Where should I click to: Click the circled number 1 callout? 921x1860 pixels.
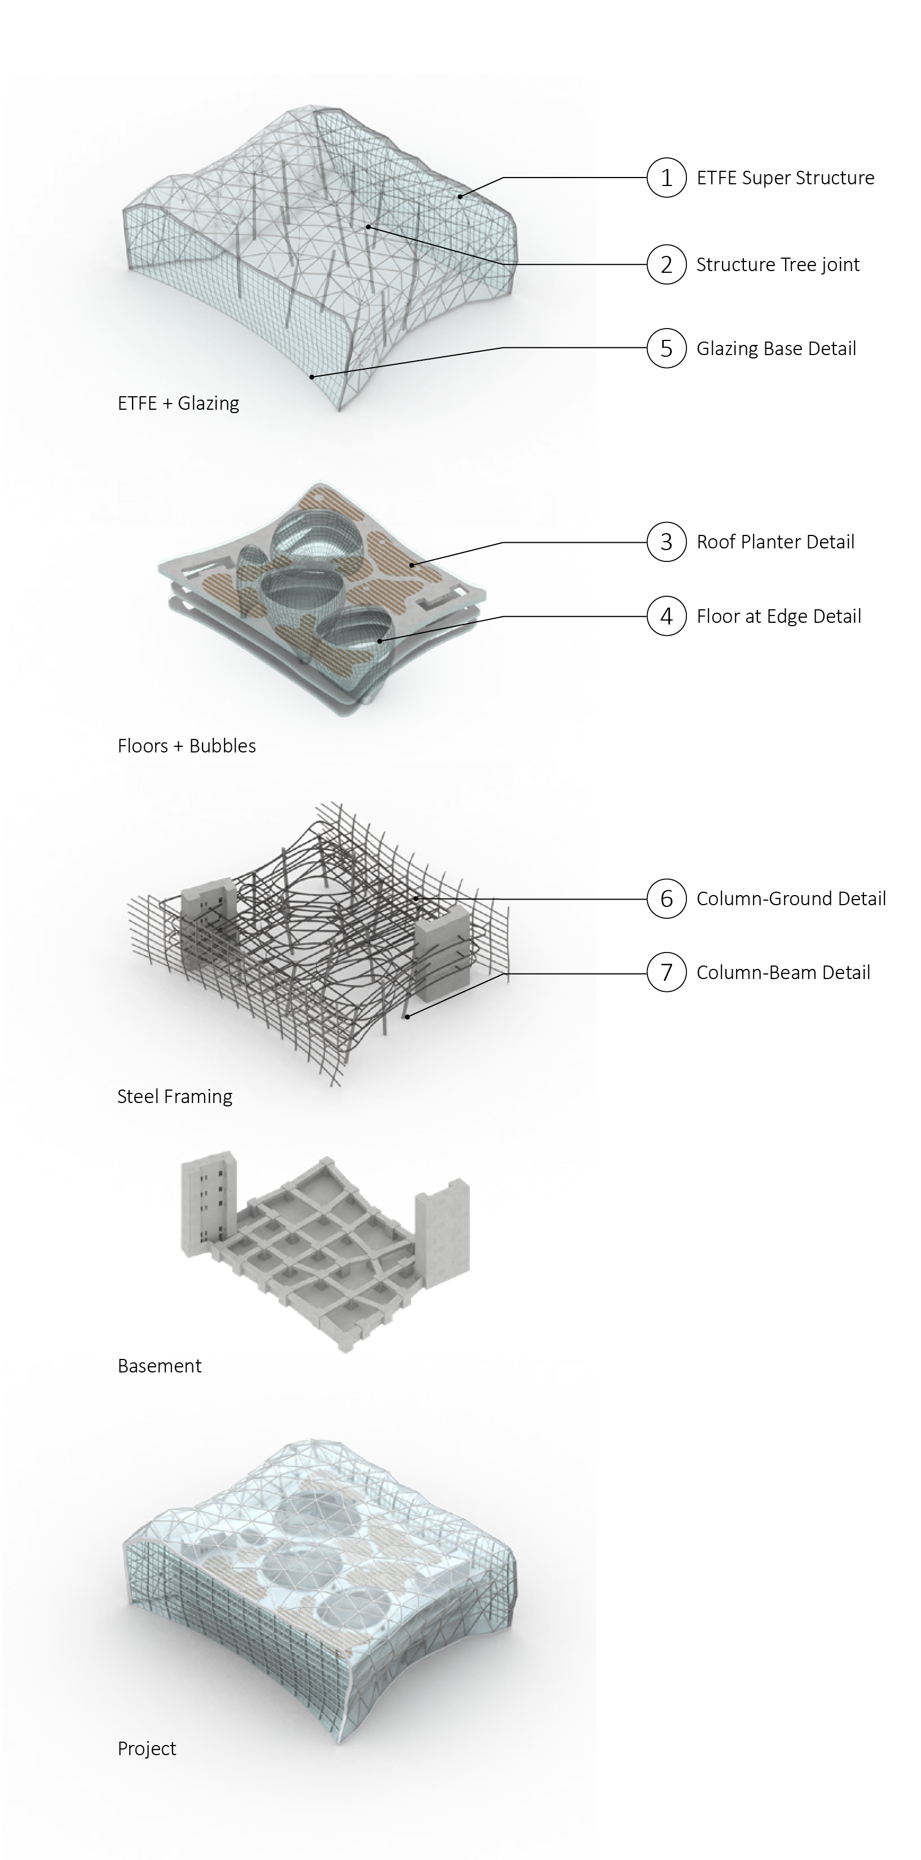pyautogui.click(x=666, y=178)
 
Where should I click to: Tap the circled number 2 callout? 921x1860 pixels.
pyautogui.click(x=666, y=265)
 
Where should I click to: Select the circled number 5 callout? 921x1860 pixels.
pyautogui.click(x=666, y=349)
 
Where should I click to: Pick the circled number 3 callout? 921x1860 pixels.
pyautogui.click(x=666, y=542)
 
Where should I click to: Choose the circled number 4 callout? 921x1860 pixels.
pyautogui.click(x=666, y=617)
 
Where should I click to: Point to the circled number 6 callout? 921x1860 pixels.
pyautogui.click(x=666, y=899)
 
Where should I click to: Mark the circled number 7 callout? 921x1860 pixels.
pyautogui.click(x=666, y=973)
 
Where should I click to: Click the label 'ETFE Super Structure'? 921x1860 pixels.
pyautogui.click(x=785, y=178)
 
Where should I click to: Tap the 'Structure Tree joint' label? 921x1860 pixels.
pyautogui.click(x=777, y=265)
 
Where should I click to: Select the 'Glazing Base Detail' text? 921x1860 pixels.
pyautogui.click(x=776, y=349)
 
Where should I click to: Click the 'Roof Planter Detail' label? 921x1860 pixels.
pyautogui.click(x=775, y=542)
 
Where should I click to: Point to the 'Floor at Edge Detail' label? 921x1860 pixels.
pyautogui.click(x=779, y=617)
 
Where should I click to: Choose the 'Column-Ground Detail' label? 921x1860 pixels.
pyautogui.click(x=791, y=899)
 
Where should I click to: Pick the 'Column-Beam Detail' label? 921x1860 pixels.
pyautogui.click(x=783, y=973)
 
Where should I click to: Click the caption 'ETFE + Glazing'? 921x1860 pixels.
pyautogui.click(x=178, y=403)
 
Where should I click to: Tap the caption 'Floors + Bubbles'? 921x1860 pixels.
pyautogui.click(x=186, y=746)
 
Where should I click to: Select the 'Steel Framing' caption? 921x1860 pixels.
pyautogui.click(x=175, y=1097)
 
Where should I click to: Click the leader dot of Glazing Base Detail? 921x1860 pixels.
pyautogui.click(x=312, y=376)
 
